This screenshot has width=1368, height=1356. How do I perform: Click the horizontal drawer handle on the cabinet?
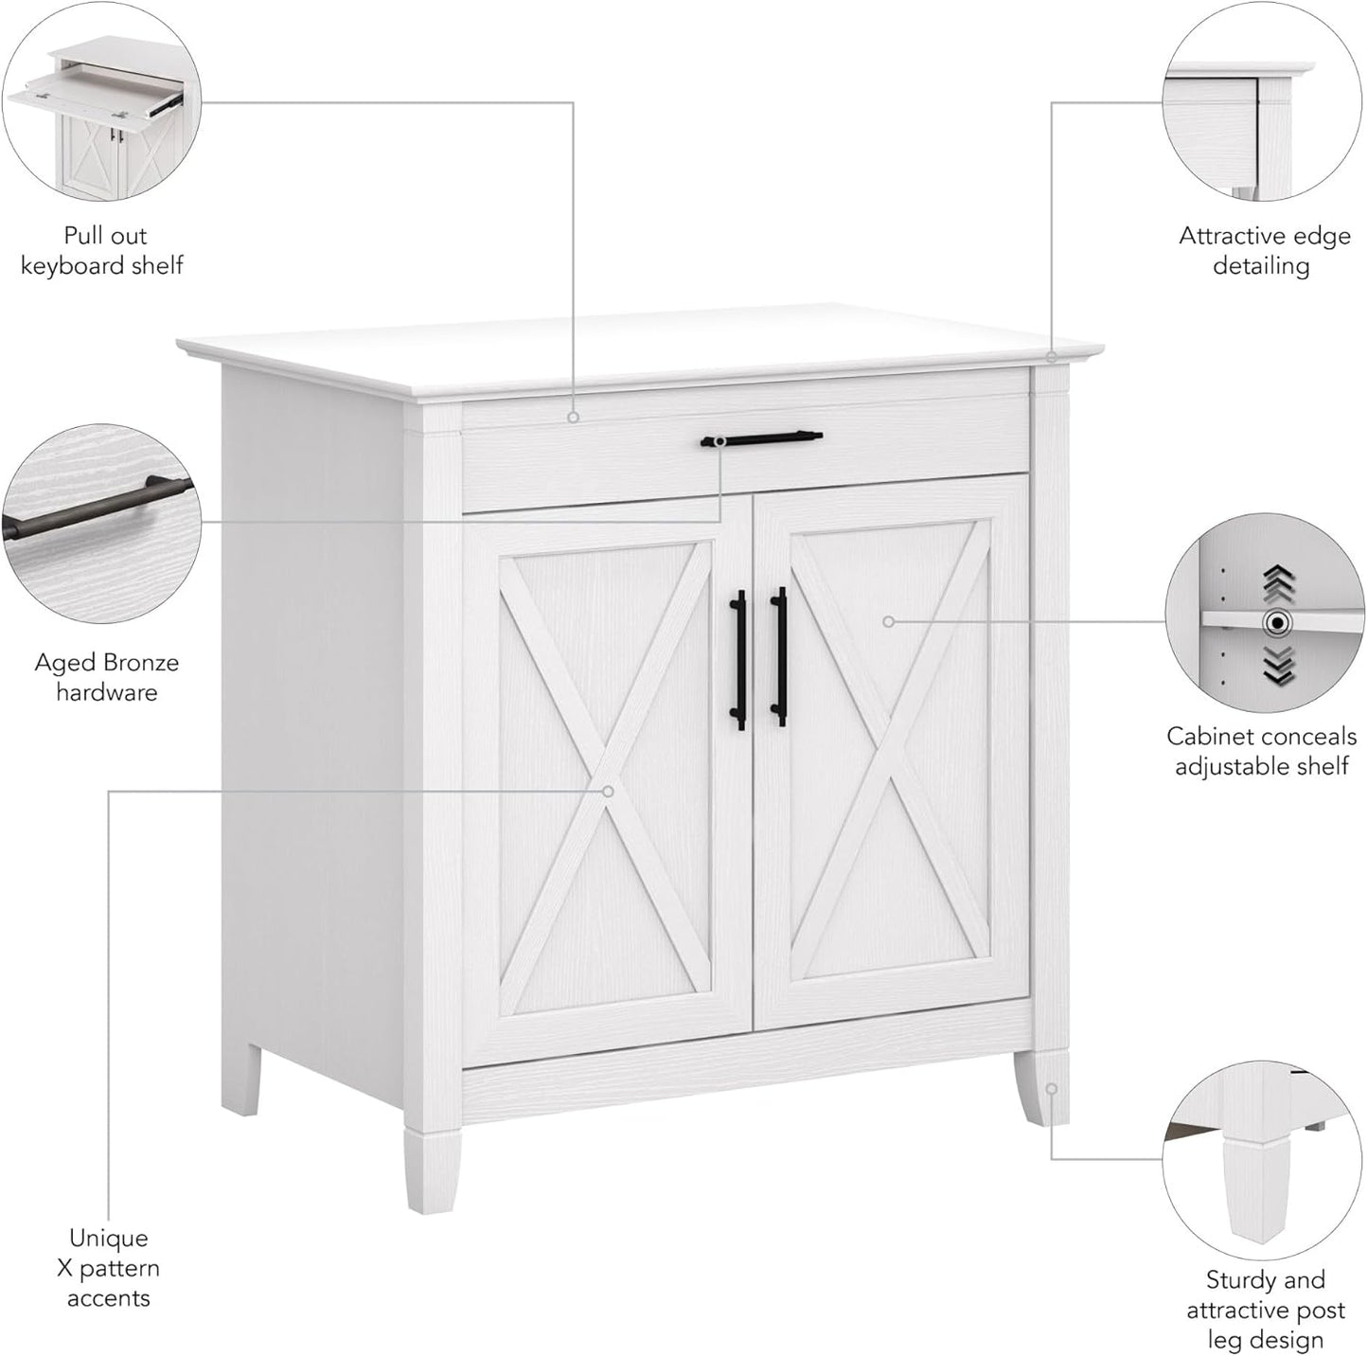click(x=761, y=437)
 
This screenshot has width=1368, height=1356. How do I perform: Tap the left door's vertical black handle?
click(x=738, y=659)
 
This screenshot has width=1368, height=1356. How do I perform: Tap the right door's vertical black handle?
click(x=779, y=656)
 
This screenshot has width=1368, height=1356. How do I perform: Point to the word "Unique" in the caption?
click(x=108, y=1238)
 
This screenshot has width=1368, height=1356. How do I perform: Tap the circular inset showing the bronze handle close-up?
click(x=101, y=523)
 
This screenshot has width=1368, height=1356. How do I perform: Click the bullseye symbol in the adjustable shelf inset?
click(x=1277, y=622)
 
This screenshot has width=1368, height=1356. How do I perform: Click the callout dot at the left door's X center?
click(x=609, y=791)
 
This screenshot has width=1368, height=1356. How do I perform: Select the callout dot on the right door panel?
click(x=888, y=622)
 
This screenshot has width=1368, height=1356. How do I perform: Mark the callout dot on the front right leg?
click(x=1051, y=1089)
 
